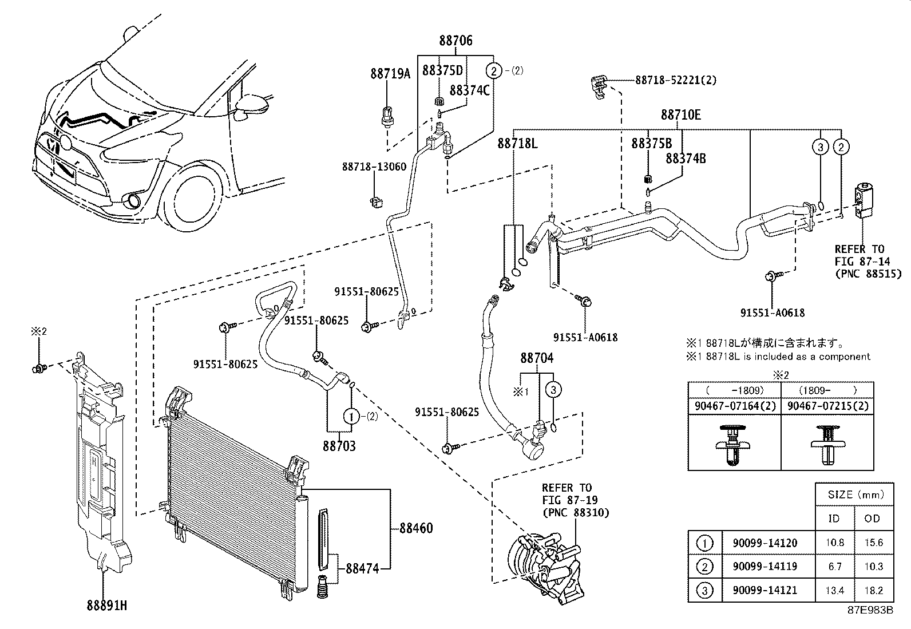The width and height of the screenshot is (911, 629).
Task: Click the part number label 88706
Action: coord(456,41)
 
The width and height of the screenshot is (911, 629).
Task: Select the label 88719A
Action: coord(390,74)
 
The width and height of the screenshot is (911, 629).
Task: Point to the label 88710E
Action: coord(680,114)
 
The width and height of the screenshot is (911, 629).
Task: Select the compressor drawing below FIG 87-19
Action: coord(546,566)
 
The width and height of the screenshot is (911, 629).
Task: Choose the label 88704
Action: coord(537,359)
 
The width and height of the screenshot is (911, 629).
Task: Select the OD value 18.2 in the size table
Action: coord(874,590)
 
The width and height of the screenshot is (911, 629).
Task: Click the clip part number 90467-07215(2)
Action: coord(827,406)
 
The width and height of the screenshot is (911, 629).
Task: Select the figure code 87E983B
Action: coord(870,610)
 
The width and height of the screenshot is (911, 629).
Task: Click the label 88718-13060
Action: coord(374,167)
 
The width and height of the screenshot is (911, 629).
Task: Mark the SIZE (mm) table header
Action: coord(855,495)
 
